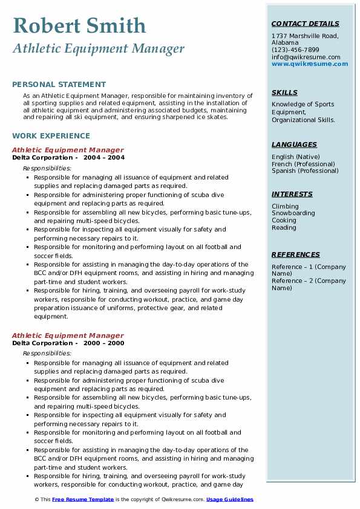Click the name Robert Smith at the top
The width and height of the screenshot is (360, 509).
(79, 25)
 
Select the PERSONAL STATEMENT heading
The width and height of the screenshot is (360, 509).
(59, 85)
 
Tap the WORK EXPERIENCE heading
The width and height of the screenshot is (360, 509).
(51, 136)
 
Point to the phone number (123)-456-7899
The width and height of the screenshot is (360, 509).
(295, 50)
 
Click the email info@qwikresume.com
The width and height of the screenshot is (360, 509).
(306, 57)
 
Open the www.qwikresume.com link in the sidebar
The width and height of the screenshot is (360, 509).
(310, 63)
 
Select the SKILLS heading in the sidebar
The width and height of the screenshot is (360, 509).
(284, 92)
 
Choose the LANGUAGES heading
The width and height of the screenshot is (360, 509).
(294, 144)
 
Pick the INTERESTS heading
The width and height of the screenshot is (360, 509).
(292, 194)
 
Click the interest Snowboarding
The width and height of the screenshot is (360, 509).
(293, 213)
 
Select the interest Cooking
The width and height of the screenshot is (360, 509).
(284, 221)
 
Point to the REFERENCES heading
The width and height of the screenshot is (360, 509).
(295, 254)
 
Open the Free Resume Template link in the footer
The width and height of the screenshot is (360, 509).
(82, 499)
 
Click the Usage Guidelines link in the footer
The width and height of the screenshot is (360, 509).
(229, 499)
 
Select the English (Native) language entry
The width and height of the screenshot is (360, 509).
(296, 157)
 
